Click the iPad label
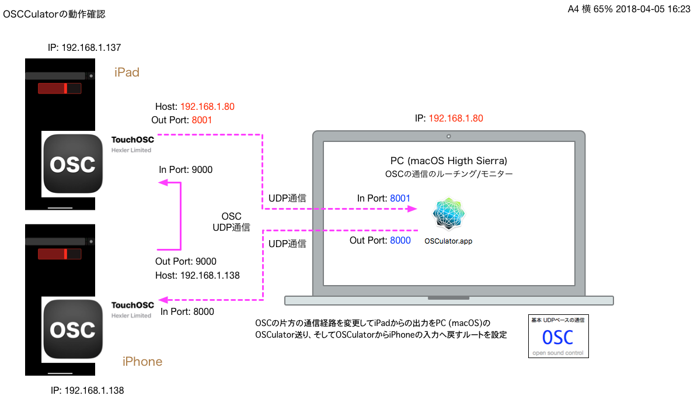click(x=127, y=72)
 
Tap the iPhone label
click(x=142, y=362)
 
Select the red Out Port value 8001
click(x=201, y=120)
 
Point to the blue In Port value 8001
click(x=400, y=199)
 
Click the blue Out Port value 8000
click(x=400, y=240)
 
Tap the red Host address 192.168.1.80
click(x=207, y=107)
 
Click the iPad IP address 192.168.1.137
click(x=84, y=47)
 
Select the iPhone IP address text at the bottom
click(x=87, y=390)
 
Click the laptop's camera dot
click(x=448, y=136)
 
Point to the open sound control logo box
click(x=558, y=336)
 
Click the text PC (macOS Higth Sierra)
click(x=448, y=161)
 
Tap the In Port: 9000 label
click(x=186, y=170)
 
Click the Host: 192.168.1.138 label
click(x=197, y=275)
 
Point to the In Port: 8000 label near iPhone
click(x=187, y=311)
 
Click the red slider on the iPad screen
click(x=53, y=88)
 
